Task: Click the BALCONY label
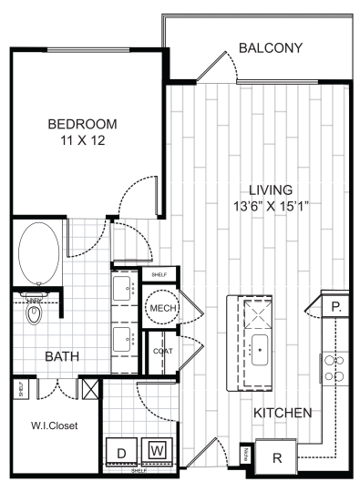[x=271, y=47]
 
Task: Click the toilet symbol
[x=36, y=314]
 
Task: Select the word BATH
[x=61, y=358]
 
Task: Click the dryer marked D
[x=120, y=450]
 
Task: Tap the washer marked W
[x=157, y=450]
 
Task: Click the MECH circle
[x=162, y=310]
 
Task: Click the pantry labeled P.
[x=336, y=306]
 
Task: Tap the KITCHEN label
[x=283, y=413]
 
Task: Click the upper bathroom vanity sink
[x=123, y=292]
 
